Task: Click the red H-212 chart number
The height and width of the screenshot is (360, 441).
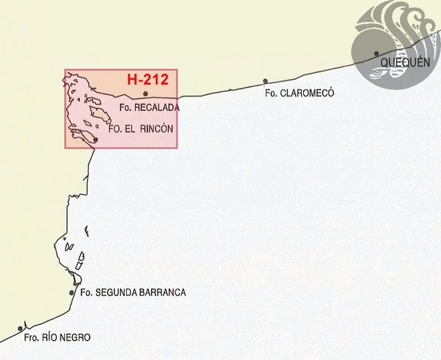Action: (148, 79)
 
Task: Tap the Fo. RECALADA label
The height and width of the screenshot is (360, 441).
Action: (150, 108)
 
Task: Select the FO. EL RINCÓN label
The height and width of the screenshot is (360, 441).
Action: (141, 128)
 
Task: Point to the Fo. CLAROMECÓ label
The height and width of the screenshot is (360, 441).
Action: (299, 93)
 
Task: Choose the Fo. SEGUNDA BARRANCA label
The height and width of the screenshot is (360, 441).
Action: (133, 293)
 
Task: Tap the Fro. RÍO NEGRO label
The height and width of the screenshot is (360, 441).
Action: (57, 337)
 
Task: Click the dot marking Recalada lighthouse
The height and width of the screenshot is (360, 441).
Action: (145, 94)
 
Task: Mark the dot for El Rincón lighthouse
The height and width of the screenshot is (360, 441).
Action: (95, 140)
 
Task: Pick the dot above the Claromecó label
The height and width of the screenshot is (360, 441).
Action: (265, 81)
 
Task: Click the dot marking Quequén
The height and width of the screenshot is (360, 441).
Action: (376, 53)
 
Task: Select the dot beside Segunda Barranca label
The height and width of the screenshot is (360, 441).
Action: (72, 293)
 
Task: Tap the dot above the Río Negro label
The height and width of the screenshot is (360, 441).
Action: (21, 328)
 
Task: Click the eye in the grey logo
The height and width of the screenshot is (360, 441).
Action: (378, 70)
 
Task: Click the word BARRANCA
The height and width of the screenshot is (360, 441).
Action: (163, 293)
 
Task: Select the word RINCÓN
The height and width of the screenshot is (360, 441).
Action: (156, 128)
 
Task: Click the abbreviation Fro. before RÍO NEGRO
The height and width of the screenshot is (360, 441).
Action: (31, 337)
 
